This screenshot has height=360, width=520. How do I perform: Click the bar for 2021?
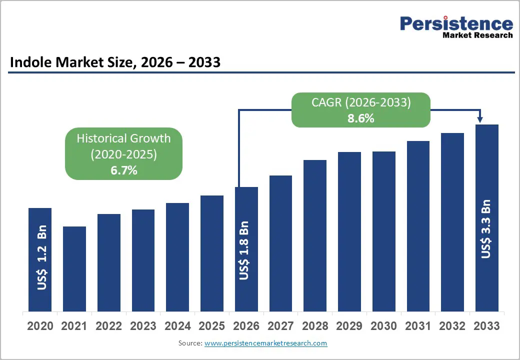(74, 268)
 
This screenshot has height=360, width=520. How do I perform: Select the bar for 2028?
(314, 235)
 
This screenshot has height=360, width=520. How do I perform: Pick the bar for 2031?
(418, 225)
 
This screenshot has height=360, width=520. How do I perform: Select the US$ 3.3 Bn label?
(486, 229)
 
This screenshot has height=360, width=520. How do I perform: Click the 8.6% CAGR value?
(361, 119)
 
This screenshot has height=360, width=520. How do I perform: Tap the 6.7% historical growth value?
(123, 170)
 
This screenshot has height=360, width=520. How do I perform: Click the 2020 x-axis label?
(40, 326)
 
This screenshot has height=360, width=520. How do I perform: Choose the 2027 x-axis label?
(280, 326)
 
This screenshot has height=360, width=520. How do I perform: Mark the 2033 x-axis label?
(486, 326)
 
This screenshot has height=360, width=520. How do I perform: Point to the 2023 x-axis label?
(143, 326)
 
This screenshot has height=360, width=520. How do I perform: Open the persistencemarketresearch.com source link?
(266, 343)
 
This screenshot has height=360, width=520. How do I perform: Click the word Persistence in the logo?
(456, 23)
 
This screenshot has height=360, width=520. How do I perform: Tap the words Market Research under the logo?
(477, 35)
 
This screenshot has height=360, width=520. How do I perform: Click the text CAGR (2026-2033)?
(361, 102)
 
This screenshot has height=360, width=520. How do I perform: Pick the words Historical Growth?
(123, 138)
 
